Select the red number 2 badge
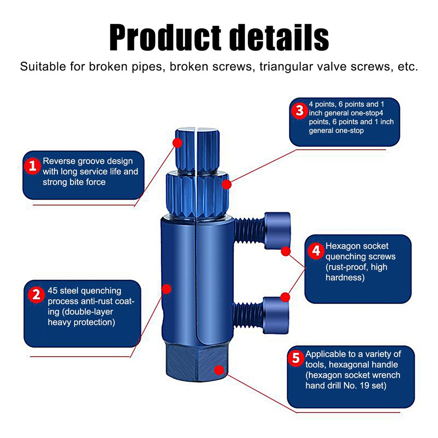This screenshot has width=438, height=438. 35,294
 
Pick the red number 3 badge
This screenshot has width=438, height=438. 299,111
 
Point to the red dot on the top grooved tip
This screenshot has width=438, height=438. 177,143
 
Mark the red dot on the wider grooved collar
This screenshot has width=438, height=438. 226,184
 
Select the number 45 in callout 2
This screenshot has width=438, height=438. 53,290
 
